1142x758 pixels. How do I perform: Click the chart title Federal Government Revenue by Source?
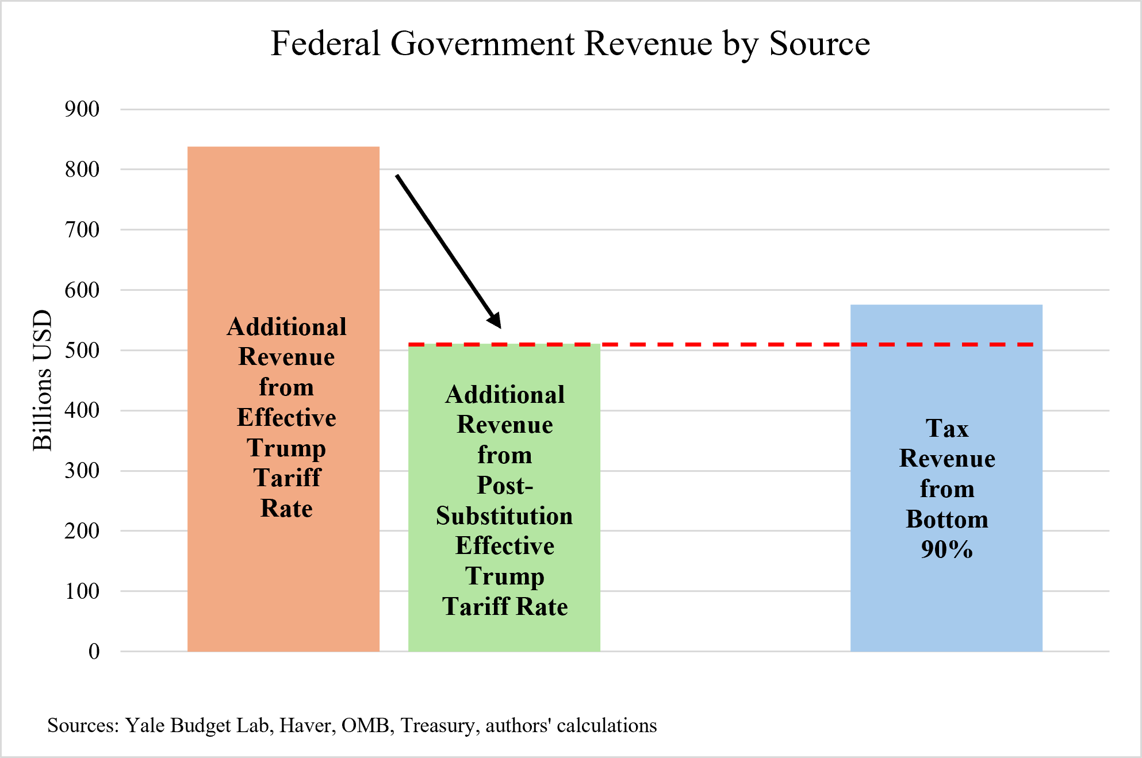pyautogui.click(x=570, y=44)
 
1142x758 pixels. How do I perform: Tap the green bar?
pyautogui.click(x=504, y=632)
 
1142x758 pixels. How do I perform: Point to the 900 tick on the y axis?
pyautogui.click(x=82, y=109)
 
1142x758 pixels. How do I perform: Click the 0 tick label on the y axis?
pyautogui.click(x=94, y=651)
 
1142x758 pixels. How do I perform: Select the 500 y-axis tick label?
pyautogui.click(x=82, y=350)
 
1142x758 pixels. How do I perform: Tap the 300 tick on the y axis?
pyautogui.click(x=82, y=471)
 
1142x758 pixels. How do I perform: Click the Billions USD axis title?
pyautogui.click(x=42, y=380)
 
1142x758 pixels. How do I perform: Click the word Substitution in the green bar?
pyautogui.click(x=504, y=515)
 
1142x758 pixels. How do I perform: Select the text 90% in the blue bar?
pyautogui.click(x=946, y=549)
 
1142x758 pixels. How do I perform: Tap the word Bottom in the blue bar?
pyautogui.click(x=946, y=519)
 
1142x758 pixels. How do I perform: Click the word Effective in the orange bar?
pyautogui.click(x=286, y=417)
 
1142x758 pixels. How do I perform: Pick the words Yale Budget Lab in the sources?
pyautogui.click(x=197, y=725)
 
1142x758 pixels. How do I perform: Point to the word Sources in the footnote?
pyautogui.click(x=82, y=725)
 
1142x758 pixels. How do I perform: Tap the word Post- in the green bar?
pyautogui.click(x=504, y=486)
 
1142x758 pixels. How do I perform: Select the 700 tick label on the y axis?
pyautogui.click(x=82, y=230)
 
